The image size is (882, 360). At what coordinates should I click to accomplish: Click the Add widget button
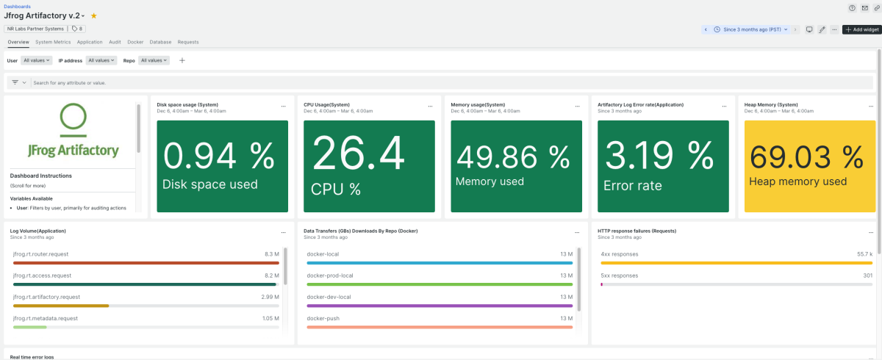tap(861, 29)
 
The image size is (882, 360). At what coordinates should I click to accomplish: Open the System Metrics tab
tap(53, 42)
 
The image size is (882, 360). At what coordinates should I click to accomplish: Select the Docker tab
tap(135, 42)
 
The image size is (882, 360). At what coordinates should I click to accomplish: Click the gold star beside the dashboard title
tap(94, 15)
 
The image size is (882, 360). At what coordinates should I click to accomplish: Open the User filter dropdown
tap(36, 60)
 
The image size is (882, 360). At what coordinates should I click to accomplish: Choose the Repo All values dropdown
tap(154, 60)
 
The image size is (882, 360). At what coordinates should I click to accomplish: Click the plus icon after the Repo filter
tap(182, 60)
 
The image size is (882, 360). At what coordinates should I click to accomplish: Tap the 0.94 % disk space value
tap(218, 156)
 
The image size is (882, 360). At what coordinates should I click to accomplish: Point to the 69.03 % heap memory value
tap(806, 157)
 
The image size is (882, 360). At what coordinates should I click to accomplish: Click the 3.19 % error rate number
tap(659, 156)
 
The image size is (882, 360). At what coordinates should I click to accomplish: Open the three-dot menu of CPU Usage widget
tap(430, 107)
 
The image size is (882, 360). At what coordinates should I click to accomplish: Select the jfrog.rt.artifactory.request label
tap(46, 297)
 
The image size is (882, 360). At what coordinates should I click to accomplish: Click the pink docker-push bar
tap(440, 327)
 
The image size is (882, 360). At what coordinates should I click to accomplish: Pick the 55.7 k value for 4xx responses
tap(864, 254)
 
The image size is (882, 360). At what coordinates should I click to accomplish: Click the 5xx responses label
tap(620, 276)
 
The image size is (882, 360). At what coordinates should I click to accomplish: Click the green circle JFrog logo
tap(73, 116)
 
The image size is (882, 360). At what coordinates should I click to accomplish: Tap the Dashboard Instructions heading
tap(41, 176)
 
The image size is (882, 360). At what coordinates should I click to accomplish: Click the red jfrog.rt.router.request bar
tap(146, 263)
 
